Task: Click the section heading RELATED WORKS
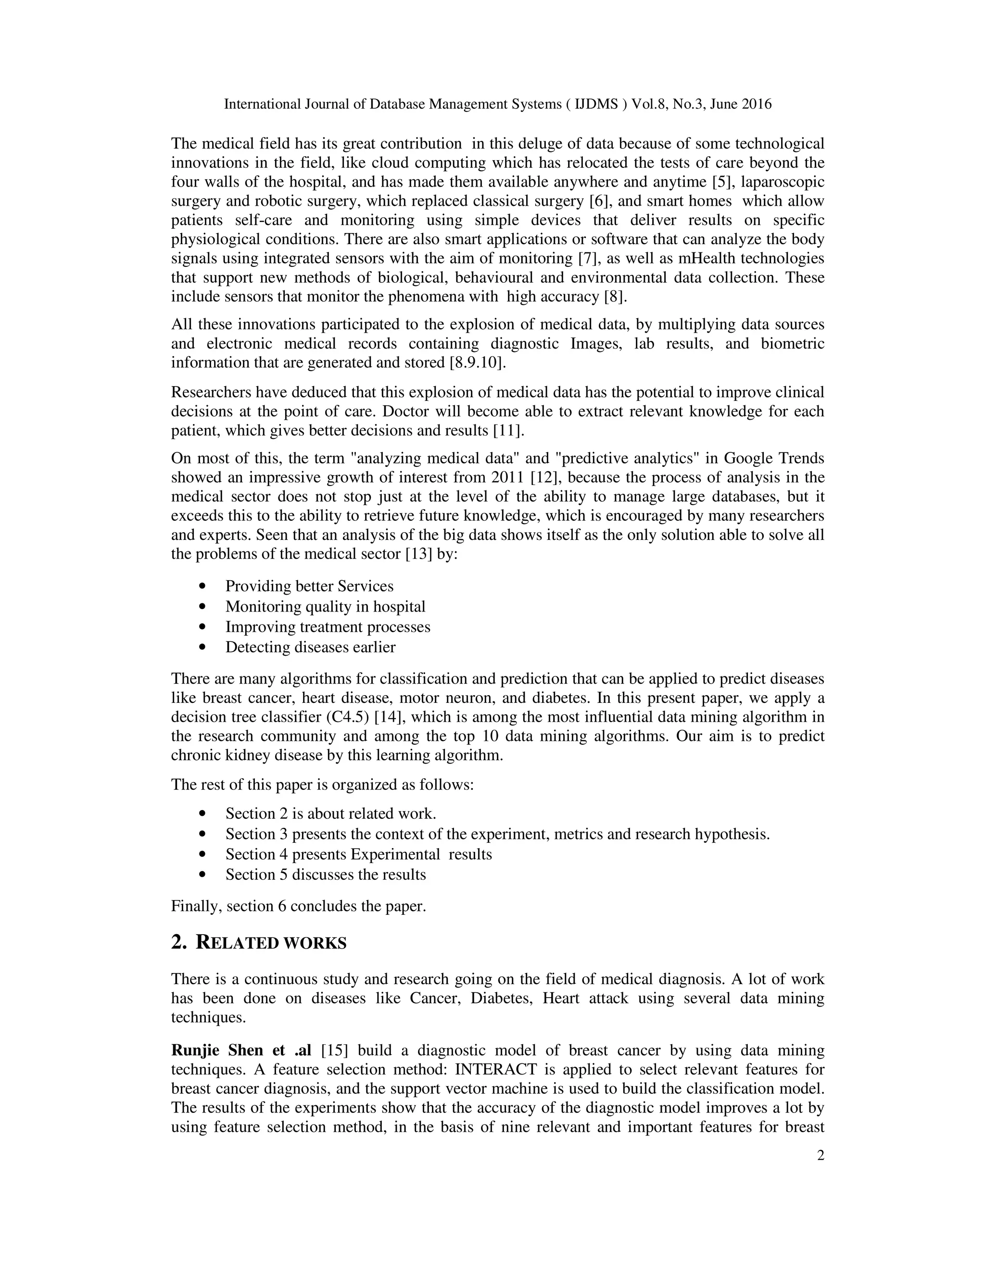click(x=271, y=943)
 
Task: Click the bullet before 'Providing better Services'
click(x=202, y=586)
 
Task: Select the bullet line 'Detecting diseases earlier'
click(x=310, y=647)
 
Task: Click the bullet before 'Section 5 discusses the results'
click(x=202, y=874)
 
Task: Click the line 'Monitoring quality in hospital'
click(x=326, y=607)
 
